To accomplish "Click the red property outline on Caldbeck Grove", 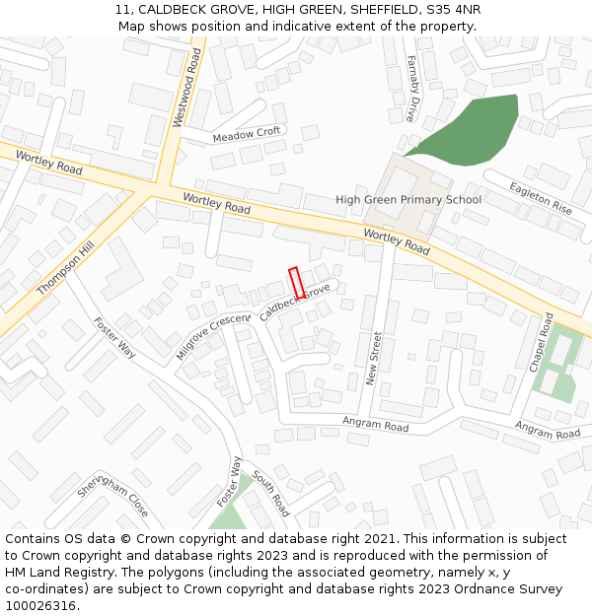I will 296,283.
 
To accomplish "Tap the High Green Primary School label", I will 408,200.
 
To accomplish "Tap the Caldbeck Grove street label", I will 295,303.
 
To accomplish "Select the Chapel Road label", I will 542,344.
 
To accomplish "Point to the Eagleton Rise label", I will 541,198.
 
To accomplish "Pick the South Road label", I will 269,493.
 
